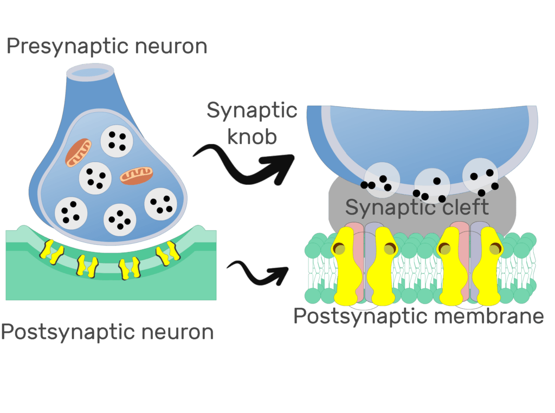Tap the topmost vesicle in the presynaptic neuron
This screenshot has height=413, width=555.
[117, 140]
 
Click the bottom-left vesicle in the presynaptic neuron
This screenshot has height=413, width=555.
[70, 212]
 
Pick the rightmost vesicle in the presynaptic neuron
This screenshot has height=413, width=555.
[161, 204]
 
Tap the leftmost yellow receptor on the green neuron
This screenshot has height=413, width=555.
[51, 251]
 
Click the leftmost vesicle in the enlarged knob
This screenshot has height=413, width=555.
[381, 179]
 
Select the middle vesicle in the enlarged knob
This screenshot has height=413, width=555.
[433, 185]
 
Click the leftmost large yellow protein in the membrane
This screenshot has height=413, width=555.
[346, 265]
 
